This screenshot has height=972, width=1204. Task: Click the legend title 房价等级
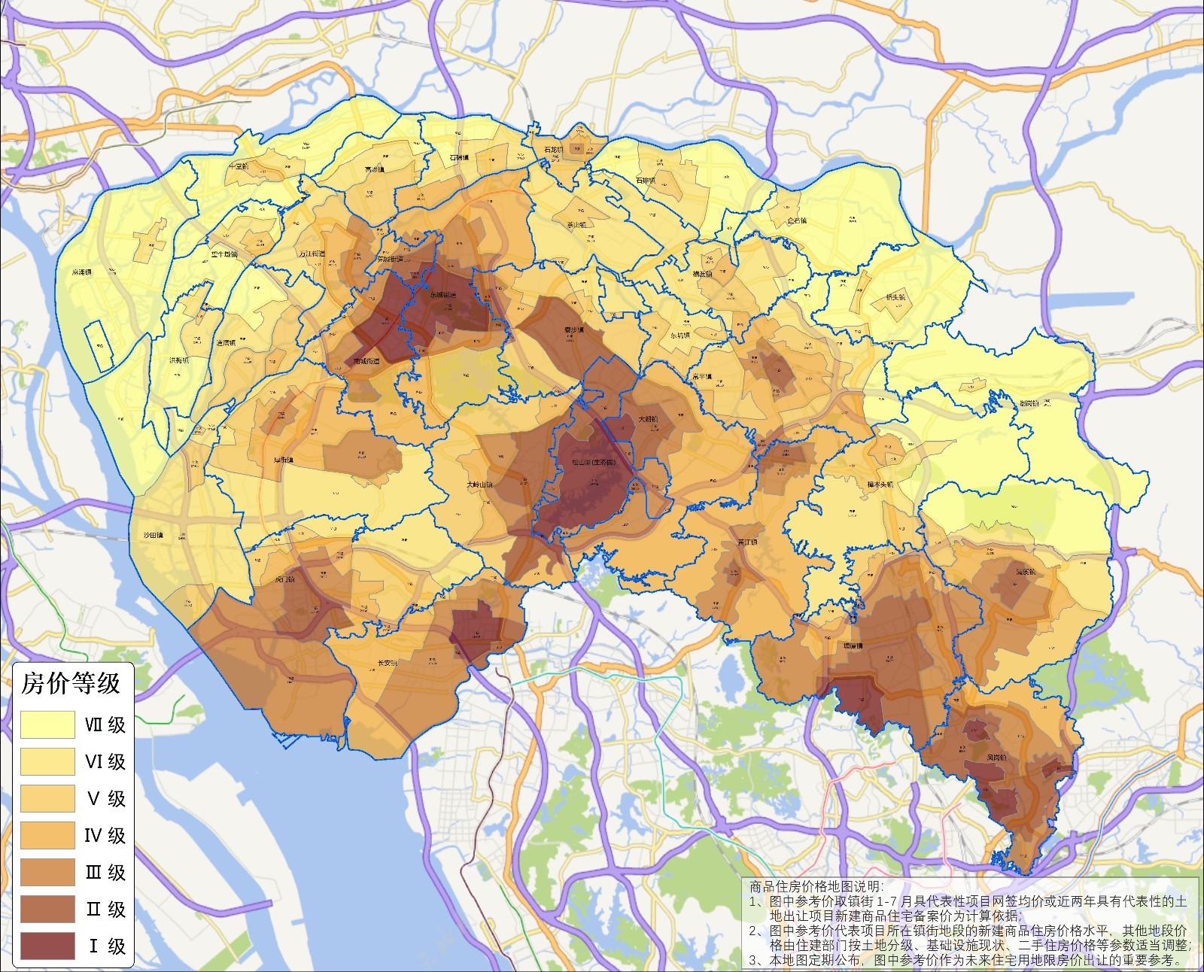coord(70,683)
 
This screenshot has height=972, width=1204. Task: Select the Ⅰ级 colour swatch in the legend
coord(47,946)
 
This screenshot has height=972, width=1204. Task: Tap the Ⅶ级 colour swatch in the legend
coord(47,724)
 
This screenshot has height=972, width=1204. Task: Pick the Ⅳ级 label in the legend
coord(105,835)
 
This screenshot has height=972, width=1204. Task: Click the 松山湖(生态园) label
coord(594,463)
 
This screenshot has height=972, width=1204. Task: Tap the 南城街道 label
coord(366,361)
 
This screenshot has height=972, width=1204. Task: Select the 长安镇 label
coord(388,663)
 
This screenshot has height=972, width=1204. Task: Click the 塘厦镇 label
coord(853,645)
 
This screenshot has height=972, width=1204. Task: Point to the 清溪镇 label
coord(1026,572)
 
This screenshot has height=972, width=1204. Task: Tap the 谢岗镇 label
coord(1028,403)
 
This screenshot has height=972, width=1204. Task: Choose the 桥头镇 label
coord(895,297)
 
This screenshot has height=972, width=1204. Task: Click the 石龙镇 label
coord(553,150)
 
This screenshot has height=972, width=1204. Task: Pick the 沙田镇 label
coord(153,536)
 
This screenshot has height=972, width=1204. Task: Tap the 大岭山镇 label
coord(480,485)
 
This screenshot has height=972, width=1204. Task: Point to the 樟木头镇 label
coord(878,484)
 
